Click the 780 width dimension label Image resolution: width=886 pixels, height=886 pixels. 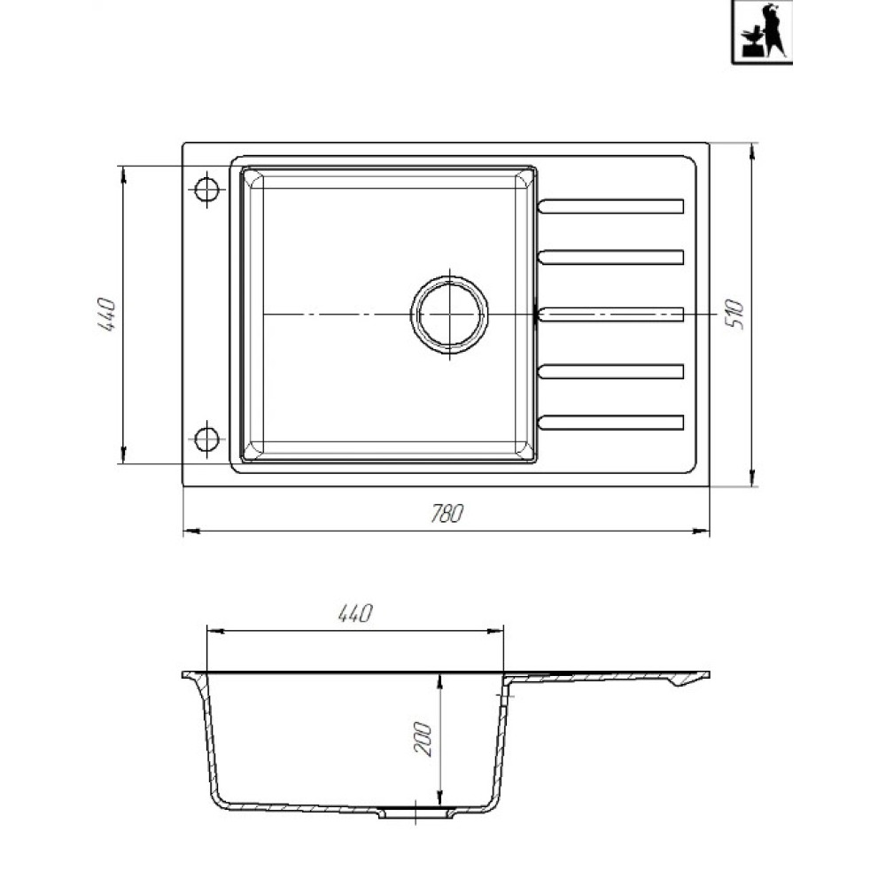(447, 513)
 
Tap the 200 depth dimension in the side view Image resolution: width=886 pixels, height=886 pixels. (424, 739)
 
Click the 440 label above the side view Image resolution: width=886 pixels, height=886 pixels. (355, 613)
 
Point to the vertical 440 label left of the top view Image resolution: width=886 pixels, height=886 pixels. (106, 315)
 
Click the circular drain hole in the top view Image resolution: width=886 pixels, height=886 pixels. (449, 315)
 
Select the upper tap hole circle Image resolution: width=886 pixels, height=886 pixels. (206, 190)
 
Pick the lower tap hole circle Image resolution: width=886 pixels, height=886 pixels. (206, 439)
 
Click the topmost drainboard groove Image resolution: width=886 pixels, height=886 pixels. (610, 206)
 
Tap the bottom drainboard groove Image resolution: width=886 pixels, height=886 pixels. (610, 423)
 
